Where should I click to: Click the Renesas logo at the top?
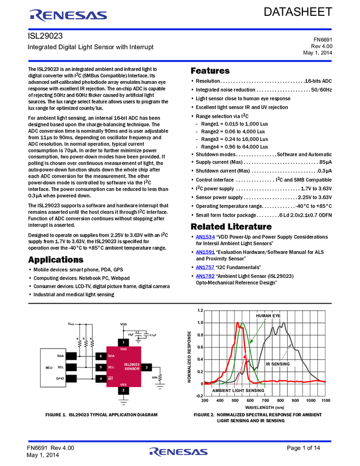pyautogui.click(x=68, y=15)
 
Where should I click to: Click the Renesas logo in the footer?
pyautogui.click(x=178, y=452)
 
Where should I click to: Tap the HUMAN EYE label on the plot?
pyautogui.click(x=268, y=316)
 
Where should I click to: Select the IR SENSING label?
pyautogui.click(x=281, y=363)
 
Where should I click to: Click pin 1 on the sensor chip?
pyautogui.click(x=124, y=342)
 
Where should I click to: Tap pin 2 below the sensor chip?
pyautogui.click(x=124, y=390)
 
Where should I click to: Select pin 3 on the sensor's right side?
pyautogui.click(x=146, y=367)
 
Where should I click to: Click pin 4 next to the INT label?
pyautogui.click(x=100, y=378)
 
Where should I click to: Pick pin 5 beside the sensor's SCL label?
pyautogui.click(x=100, y=367)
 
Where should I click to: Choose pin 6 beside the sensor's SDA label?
pyautogui.click(x=100, y=356)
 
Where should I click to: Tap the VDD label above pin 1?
pyautogui.click(x=124, y=325)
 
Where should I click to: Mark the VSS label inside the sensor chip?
pyautogui.click(x=124, y=384)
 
